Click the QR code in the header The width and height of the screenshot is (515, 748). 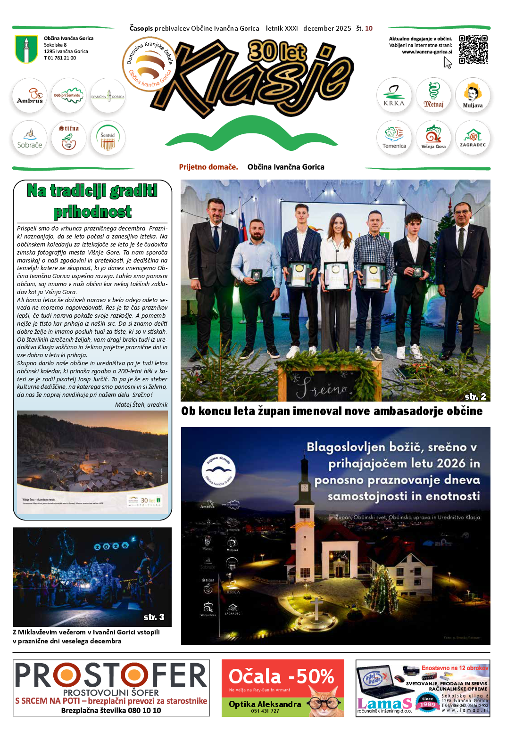tap(473, 49)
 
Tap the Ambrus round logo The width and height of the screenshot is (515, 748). tap(30, 95)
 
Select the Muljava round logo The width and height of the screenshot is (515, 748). tap(473, 95)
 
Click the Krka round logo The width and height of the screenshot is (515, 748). tap(394, 95)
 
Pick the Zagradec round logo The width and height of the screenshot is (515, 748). tap(473, 138)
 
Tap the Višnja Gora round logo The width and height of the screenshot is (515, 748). tap(433, 138)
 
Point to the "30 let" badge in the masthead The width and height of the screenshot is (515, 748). tap(277, 52)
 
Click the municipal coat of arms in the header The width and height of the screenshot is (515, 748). tap(26, 49)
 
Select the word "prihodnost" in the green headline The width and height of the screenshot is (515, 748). tap(92, 212)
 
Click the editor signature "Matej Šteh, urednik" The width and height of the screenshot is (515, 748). tap(141, 404)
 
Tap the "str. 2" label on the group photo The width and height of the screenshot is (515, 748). tap(475, 396)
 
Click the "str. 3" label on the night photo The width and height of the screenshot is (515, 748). tap(154, 617)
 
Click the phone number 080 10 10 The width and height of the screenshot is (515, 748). tap(144, 710)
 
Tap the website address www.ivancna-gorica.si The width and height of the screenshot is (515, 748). tap(427, 52)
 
